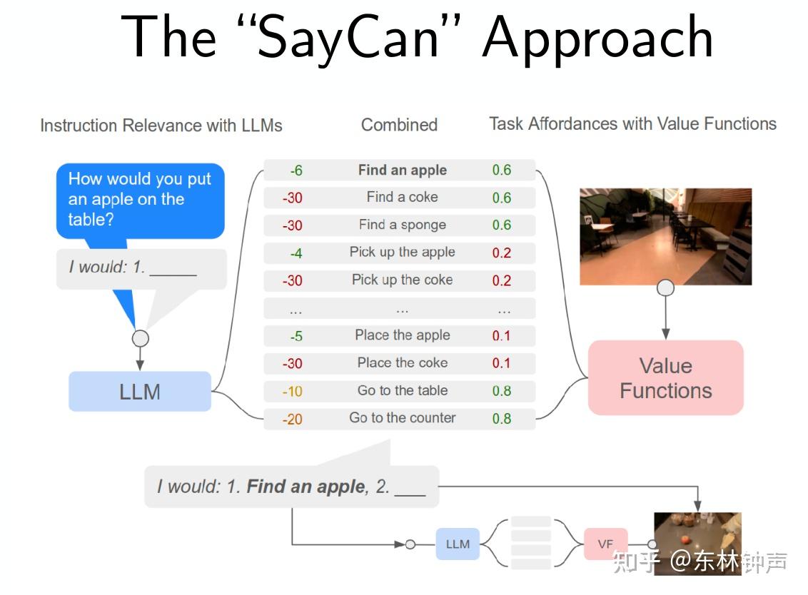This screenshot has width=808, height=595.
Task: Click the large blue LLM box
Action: coord(140,392)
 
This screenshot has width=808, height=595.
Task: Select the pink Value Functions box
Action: coord(665,378)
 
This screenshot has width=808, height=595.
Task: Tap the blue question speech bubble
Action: coord(140,200)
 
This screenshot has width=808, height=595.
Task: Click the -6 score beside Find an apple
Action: coord(296,171)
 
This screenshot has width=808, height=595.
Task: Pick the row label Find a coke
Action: coord(402,197)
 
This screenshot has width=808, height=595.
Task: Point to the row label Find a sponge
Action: coord(402,225)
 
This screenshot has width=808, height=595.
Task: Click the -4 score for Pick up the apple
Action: coord(296,253)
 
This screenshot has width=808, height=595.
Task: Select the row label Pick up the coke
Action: coord(402,280)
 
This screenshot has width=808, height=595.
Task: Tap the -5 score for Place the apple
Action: coord(296,336)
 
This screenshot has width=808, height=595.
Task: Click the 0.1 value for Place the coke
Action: coord(501,363)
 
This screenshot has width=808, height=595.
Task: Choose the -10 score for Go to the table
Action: coord(293,391)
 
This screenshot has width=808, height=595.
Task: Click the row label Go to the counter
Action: coord(402,418)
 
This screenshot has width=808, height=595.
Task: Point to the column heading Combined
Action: coord(399,125)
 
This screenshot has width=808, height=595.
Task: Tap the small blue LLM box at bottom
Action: coord(458,544)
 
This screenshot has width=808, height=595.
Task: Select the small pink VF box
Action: coord(605,544)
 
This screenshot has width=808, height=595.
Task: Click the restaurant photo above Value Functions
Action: coord(665,236)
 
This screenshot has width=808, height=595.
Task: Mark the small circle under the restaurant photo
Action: coord(665,288)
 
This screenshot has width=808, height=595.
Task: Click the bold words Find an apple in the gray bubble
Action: coord(305,487)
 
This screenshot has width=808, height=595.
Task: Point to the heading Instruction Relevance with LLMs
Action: coord(161,126)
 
